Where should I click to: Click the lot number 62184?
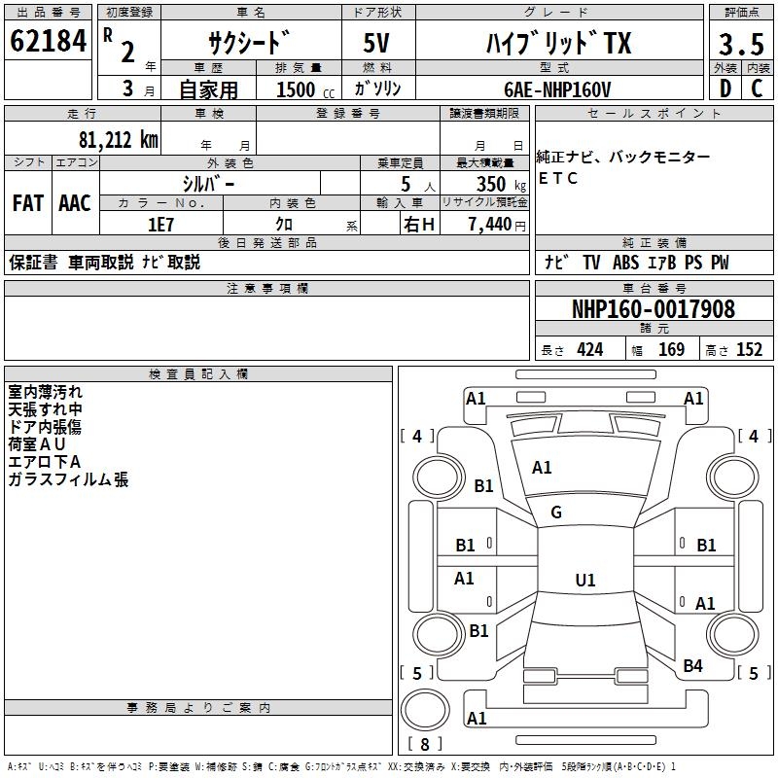point(49,42)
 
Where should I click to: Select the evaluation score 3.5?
point(740,44)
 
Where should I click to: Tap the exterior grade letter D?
point(724,88)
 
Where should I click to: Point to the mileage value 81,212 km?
point(118,139)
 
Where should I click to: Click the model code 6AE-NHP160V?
point(558,88)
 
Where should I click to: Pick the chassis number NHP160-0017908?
point(653,309)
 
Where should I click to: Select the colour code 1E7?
point(160,224)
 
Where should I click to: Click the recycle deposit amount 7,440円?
point(496,225)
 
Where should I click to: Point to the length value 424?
point(589,350)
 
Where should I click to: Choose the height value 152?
point(749,350)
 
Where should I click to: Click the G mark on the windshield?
point(556,513)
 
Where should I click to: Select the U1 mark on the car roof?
point(584,581)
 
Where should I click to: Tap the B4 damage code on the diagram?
point(692,666)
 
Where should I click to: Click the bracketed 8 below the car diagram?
point(424,744)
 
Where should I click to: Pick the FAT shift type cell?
point(27,203)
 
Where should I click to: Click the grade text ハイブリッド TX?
point(558,44)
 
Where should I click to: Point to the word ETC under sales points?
point(558,179)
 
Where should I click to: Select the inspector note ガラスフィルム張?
point(68,479)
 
